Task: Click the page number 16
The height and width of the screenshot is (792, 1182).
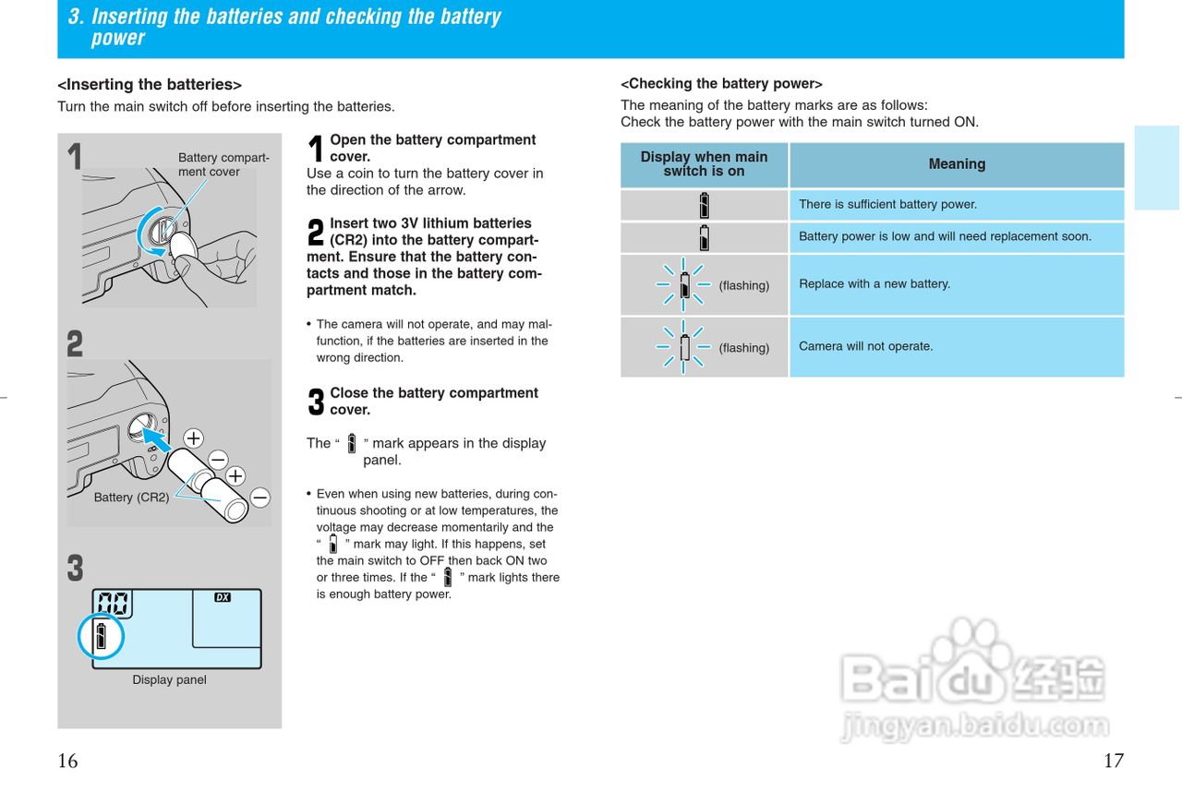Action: pos(67,761)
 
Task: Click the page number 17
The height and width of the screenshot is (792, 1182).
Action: pos(1114,761)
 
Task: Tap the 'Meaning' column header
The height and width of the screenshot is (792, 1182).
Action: pos(957,164)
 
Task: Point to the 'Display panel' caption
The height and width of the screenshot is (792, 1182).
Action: pos(169,680)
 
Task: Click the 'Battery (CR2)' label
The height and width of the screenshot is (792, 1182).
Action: pos(131,498)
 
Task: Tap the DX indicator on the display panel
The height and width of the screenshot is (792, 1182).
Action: pos(222,597)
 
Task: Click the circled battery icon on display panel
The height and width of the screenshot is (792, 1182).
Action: pos(101,636)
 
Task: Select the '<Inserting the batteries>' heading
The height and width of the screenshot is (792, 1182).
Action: pos(150,85)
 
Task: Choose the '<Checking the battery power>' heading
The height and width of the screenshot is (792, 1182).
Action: pos(721,84)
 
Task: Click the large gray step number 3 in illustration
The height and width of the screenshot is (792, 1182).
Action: pos(75,568)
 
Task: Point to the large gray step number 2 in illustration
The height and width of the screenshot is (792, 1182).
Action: pos(75,344)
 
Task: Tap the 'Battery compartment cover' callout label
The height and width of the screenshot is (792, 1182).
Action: pos(223,164)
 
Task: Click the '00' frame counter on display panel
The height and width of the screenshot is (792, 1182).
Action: pos(113,605)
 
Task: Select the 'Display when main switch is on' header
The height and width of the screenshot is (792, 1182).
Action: pos(704,164)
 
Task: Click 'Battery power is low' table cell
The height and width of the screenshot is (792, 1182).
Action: pos(945,236)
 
